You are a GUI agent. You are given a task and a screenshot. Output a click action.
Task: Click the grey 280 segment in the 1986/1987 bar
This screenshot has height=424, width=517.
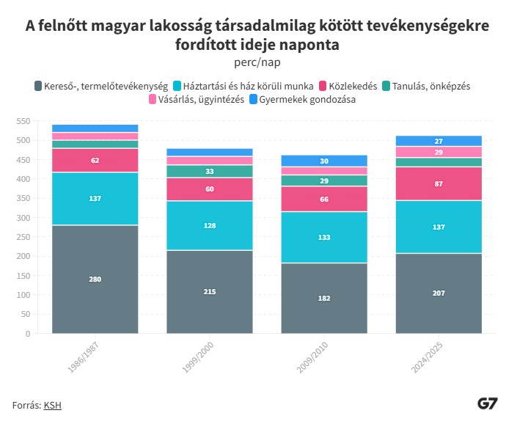point(95,279)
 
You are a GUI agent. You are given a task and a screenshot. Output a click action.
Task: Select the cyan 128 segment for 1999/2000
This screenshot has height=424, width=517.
point(209,225)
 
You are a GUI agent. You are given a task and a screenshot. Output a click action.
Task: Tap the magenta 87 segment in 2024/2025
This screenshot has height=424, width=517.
point(439,183)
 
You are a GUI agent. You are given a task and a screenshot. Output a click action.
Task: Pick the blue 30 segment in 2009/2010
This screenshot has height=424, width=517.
point(323,161)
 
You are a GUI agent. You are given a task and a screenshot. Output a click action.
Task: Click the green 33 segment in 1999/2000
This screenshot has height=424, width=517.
point(209,171)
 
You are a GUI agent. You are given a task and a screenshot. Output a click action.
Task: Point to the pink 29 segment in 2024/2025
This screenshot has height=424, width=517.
point(439,152)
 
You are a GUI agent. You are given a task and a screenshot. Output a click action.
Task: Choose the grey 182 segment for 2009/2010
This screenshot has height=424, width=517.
point(323,298)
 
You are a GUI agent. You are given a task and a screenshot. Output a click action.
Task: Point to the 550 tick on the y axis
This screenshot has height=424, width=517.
point(23,121)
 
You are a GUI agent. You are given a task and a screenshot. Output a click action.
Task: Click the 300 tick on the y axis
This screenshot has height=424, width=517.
point(23,218)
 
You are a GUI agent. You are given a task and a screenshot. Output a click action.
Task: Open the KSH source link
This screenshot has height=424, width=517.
point(52,404)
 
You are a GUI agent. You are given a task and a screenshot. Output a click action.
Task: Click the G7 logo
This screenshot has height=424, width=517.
point(488,403)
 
